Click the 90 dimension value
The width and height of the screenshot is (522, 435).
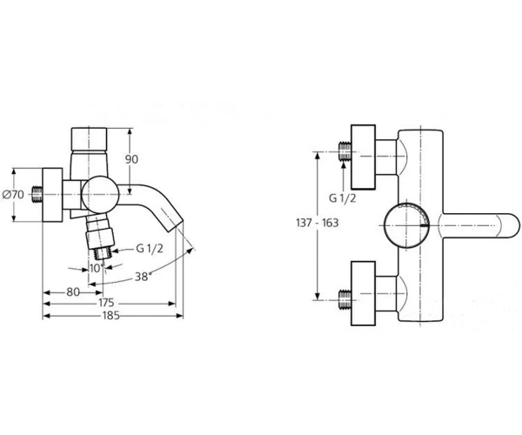(131, 159)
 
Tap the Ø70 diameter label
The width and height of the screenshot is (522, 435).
(13, 194)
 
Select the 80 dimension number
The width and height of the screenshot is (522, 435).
(73, 292)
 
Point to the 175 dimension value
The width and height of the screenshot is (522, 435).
(106, 303)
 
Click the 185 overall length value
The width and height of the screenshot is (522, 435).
(110, 315)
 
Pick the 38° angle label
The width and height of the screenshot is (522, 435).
(144, 277)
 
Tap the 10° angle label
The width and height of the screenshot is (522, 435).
(97, 267)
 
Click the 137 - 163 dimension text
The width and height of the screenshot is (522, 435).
(318, 223)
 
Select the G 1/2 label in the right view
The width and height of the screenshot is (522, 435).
(342, 198)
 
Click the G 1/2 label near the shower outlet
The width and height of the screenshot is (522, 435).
(150, 248)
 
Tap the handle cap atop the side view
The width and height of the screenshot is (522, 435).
(90, 139)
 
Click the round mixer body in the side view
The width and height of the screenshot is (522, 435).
(100, 194)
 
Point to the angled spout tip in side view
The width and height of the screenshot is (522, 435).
(172, 221)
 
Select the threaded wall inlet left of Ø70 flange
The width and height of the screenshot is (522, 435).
(37, 195)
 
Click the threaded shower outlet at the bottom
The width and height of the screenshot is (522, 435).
(103, 254)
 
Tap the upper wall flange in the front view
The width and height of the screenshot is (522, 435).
(363, 157)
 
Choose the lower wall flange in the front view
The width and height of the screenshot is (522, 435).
(363, 293)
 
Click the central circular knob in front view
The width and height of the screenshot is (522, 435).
(407, 225)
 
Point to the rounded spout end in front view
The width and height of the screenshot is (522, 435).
(509, 225)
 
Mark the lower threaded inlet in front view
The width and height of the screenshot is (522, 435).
(345, 300)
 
